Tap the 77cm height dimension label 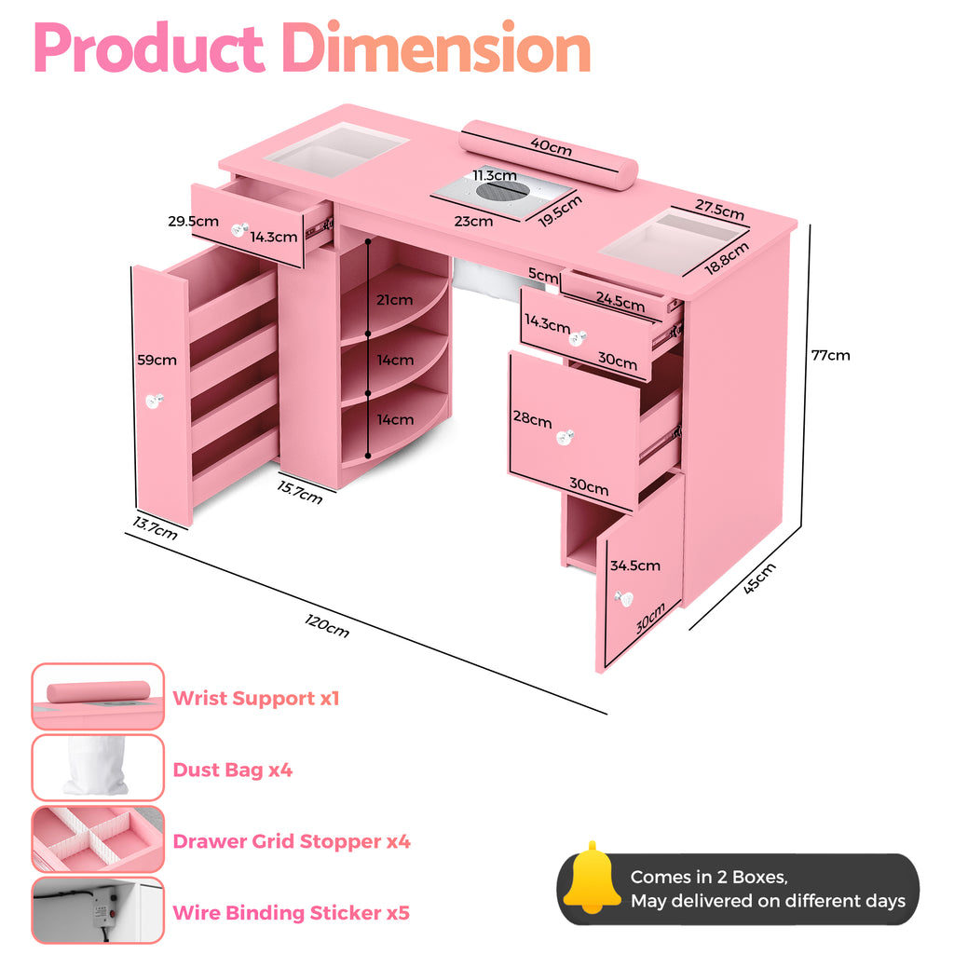click(830, 355)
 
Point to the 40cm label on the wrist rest click(552, 146)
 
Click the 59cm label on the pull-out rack click(157, 360)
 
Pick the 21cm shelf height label click(394, 300)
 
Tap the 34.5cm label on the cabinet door click(634, 566)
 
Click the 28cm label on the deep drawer click(532, 419)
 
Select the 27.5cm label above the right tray click(719, 210)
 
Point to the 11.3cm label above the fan click(494, 175)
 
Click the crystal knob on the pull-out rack click(153, 401)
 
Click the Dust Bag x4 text click(232, 770)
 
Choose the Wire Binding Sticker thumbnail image click(98, 911)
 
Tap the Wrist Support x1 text click(256, 699)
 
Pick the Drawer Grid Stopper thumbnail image click(98, 840)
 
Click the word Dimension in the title click(437, 50)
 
